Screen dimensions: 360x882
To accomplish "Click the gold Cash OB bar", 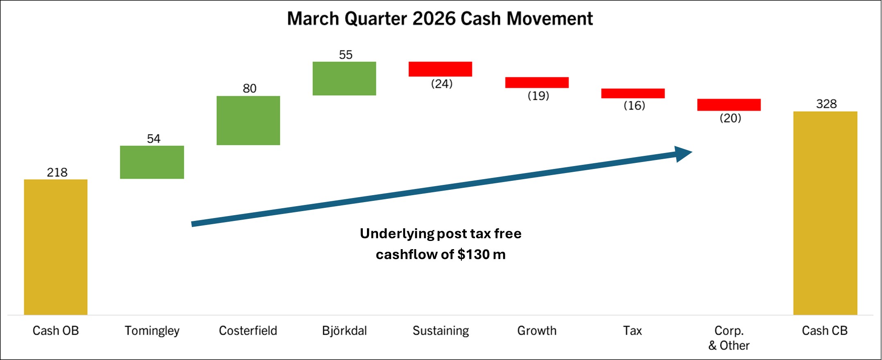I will click(x=56, y=247).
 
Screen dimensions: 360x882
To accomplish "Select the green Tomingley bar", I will click(x=152, y=162).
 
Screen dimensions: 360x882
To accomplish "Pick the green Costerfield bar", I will click(x=248, y=120).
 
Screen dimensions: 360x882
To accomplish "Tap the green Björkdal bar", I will click(x=344, y=79).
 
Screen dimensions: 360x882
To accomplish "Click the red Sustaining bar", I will click(x=440, y=69).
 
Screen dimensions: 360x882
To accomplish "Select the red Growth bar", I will click(x=537, y=82).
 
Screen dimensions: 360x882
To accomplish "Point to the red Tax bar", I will click(x=632, y=93).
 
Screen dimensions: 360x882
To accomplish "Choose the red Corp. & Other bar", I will click(x=729, y=105).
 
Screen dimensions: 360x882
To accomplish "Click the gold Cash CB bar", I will click(x=825, y=213).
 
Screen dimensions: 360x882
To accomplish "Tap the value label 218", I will click(x=57, y=172).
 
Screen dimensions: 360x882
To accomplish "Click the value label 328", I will click(x=826, y=104).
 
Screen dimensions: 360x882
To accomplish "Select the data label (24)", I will click(x=441, y=84).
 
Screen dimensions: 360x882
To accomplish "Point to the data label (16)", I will click(x=634, y=106).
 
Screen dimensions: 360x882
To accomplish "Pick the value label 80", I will click(x=249, y=88).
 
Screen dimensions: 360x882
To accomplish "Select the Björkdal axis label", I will click(x=344, y=331).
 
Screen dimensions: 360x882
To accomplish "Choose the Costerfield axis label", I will click(x=248, y=331).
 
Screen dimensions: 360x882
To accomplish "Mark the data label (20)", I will click(x=730, y=118).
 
